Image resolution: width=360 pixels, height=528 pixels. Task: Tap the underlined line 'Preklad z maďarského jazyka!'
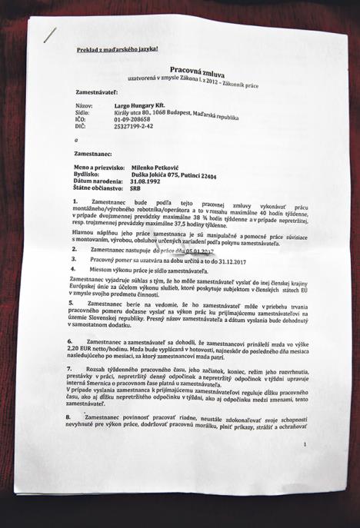(118, 50)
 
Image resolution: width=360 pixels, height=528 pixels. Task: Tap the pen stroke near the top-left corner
(51, 33)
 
